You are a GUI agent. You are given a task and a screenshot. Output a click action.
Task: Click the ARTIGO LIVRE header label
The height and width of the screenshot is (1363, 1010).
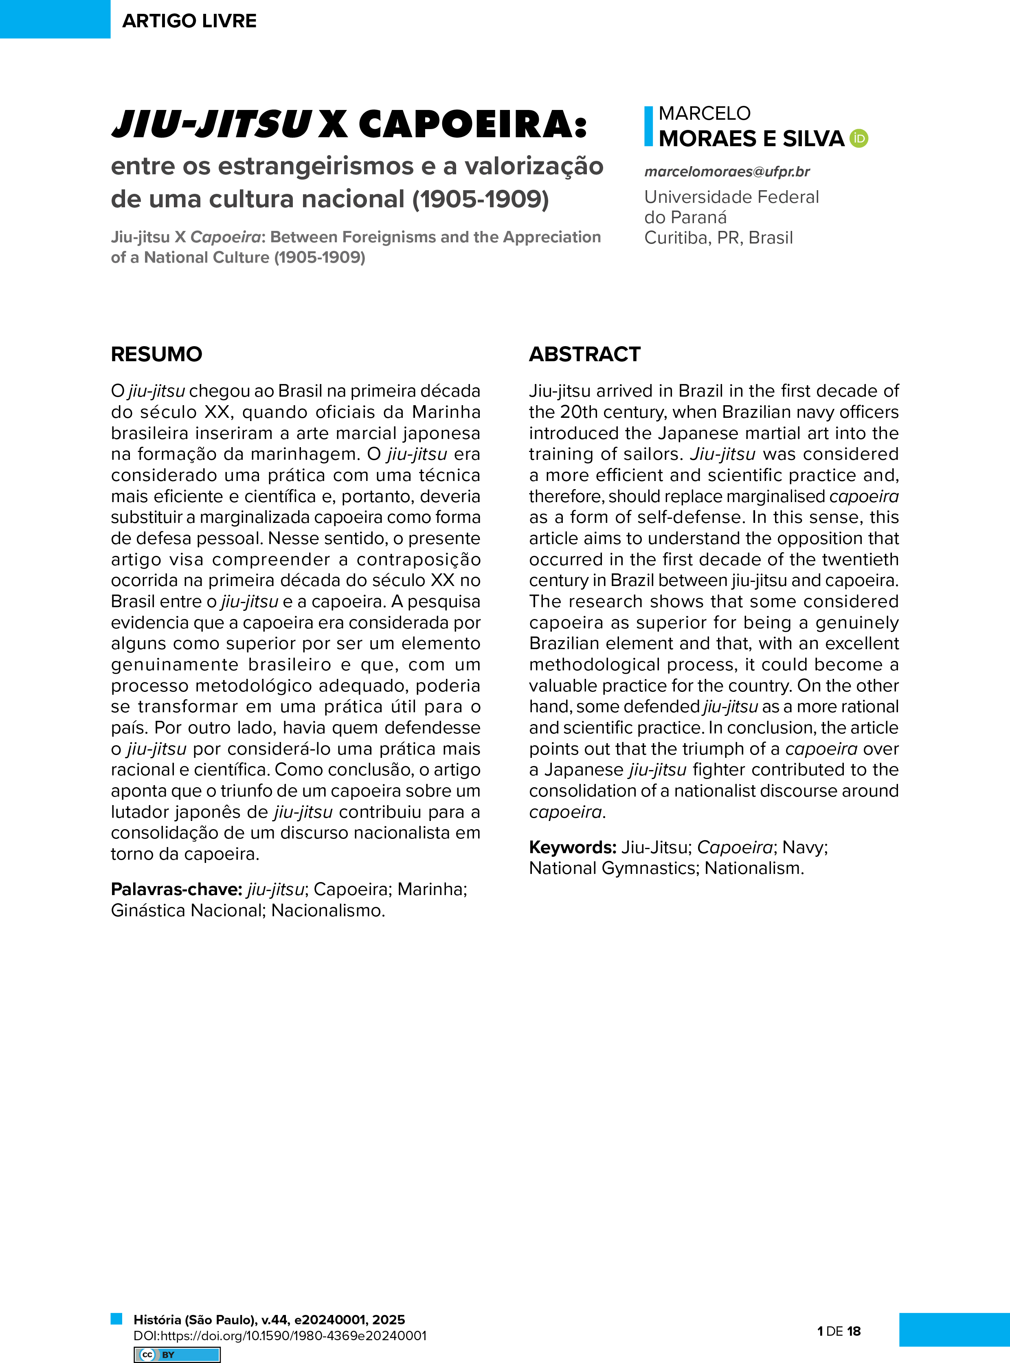pyautogui.click(x=189, y=21)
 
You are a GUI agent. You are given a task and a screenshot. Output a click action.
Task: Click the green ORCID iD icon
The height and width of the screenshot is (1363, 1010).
pyautogui.click(x=859, y=139)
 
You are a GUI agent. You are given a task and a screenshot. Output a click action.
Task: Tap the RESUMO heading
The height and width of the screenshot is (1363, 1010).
pyautogui.click(x=156, y=354)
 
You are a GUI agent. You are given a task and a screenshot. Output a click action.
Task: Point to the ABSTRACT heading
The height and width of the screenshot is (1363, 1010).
pyautogui.click(x=584, y=354)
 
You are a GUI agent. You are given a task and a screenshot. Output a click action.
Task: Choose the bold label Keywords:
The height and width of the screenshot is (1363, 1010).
pyautogui.click(x=572, y=847)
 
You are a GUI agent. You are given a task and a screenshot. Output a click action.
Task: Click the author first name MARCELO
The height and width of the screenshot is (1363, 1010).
pyautogui.click(x=704, y=113)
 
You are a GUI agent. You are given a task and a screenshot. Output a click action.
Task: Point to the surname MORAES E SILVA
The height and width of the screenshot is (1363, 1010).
pyautogui.click(x=751, y=139)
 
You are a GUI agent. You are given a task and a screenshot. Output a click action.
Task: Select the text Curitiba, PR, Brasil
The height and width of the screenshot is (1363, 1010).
pyautogui.click(x=718, y=238)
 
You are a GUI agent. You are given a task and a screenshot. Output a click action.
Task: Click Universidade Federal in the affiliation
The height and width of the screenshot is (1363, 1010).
pyautogui.click(x=731, y=197)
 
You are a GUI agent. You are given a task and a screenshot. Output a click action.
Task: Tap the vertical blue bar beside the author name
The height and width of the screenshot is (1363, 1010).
pyautogui.click(x=649, y=127)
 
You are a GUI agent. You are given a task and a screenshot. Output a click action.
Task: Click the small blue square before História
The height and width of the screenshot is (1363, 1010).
pyautogui.click(x=116, y=1318)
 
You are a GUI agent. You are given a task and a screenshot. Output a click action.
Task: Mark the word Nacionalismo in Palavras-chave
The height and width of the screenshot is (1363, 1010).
pyautogui.click(x=328, y=910)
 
